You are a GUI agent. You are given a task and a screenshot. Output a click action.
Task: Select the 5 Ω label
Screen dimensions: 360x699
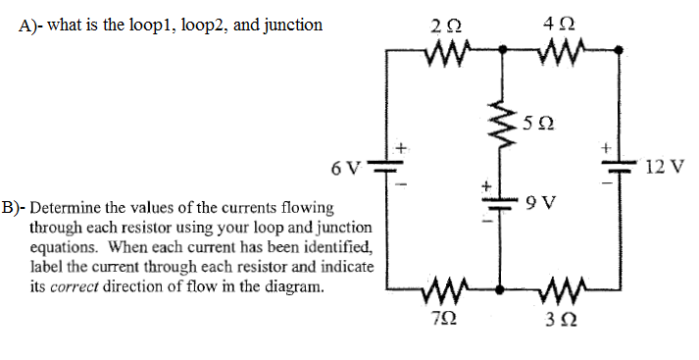click(539, 124)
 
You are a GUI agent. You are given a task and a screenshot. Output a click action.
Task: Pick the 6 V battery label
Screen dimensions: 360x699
click(345, 167)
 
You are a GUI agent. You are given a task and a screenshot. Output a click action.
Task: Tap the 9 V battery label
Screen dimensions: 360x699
click(541, 204)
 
